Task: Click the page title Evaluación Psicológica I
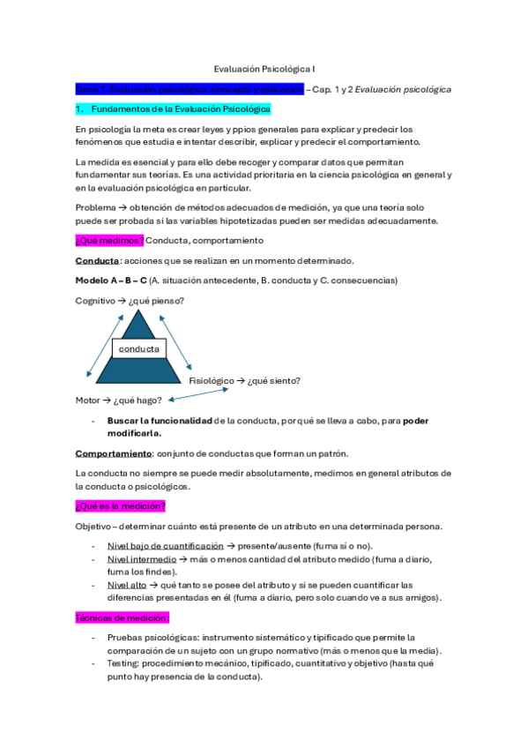coord(264,67)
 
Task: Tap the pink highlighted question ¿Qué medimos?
coord(109,241)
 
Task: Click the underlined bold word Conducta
coord(97,261)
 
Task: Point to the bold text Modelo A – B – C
coord(111,280)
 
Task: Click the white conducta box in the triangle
coord(138,349)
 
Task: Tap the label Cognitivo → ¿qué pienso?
coord(130,301)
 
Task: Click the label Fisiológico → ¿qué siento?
coord(245,380)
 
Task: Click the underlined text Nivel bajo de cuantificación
coord(165,546)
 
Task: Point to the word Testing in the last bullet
coord(123,663)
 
